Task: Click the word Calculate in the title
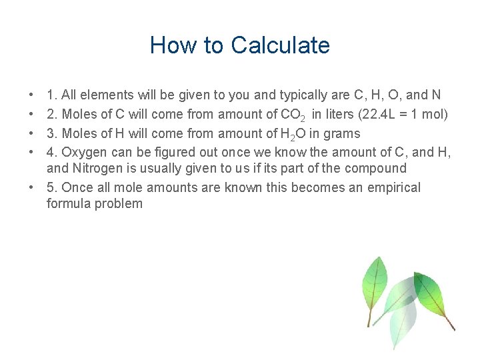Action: click(x=280, y=45)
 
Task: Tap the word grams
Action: click(x=343, y=133)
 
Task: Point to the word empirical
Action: click(x=388, y=187)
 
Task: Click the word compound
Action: click(x=373, y=168)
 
